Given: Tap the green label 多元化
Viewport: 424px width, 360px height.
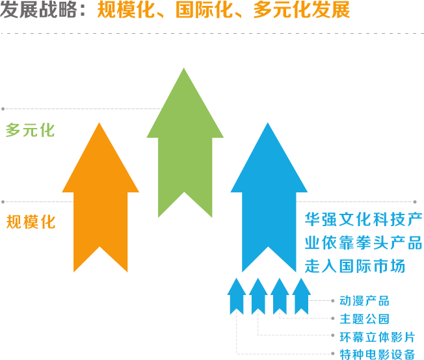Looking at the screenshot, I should pos(30,130).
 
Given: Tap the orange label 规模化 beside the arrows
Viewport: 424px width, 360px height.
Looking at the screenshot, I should pos(31,222).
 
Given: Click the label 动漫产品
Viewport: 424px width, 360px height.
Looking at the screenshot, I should pos(364,301).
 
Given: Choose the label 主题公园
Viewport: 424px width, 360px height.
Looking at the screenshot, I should pos(364,319).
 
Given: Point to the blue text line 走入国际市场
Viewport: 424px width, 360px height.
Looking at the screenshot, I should pos(355,266).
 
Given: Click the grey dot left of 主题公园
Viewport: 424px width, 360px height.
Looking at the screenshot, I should pos(334,319).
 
